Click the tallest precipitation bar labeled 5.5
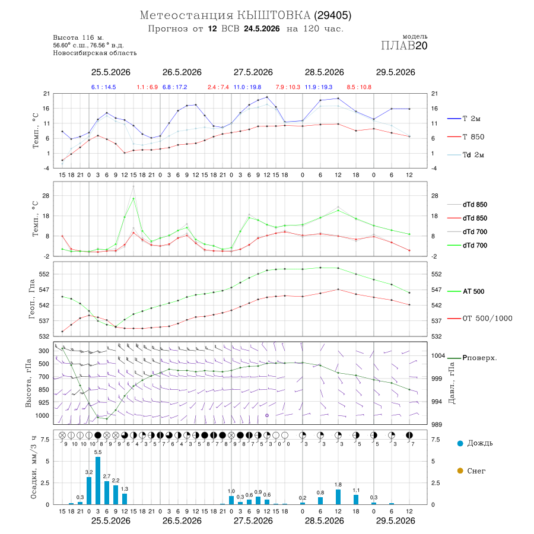[98, 481]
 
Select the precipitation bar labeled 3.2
[89, 491]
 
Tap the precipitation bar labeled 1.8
[338, 497]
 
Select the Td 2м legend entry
[466, 155]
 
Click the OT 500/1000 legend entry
[480, 319]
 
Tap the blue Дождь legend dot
[460, 443]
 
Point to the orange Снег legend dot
[460, 471]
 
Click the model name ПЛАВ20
[404, 46]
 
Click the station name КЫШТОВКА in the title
[274, 15]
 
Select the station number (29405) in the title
[333, 15]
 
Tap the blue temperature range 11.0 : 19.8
[247, 87]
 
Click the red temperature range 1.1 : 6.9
[147, 87]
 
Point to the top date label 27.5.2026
[253, 72]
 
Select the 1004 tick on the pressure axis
[438, 356]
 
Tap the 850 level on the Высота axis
[43, 390]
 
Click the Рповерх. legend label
[479, 358]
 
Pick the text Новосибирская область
[95, 53]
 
